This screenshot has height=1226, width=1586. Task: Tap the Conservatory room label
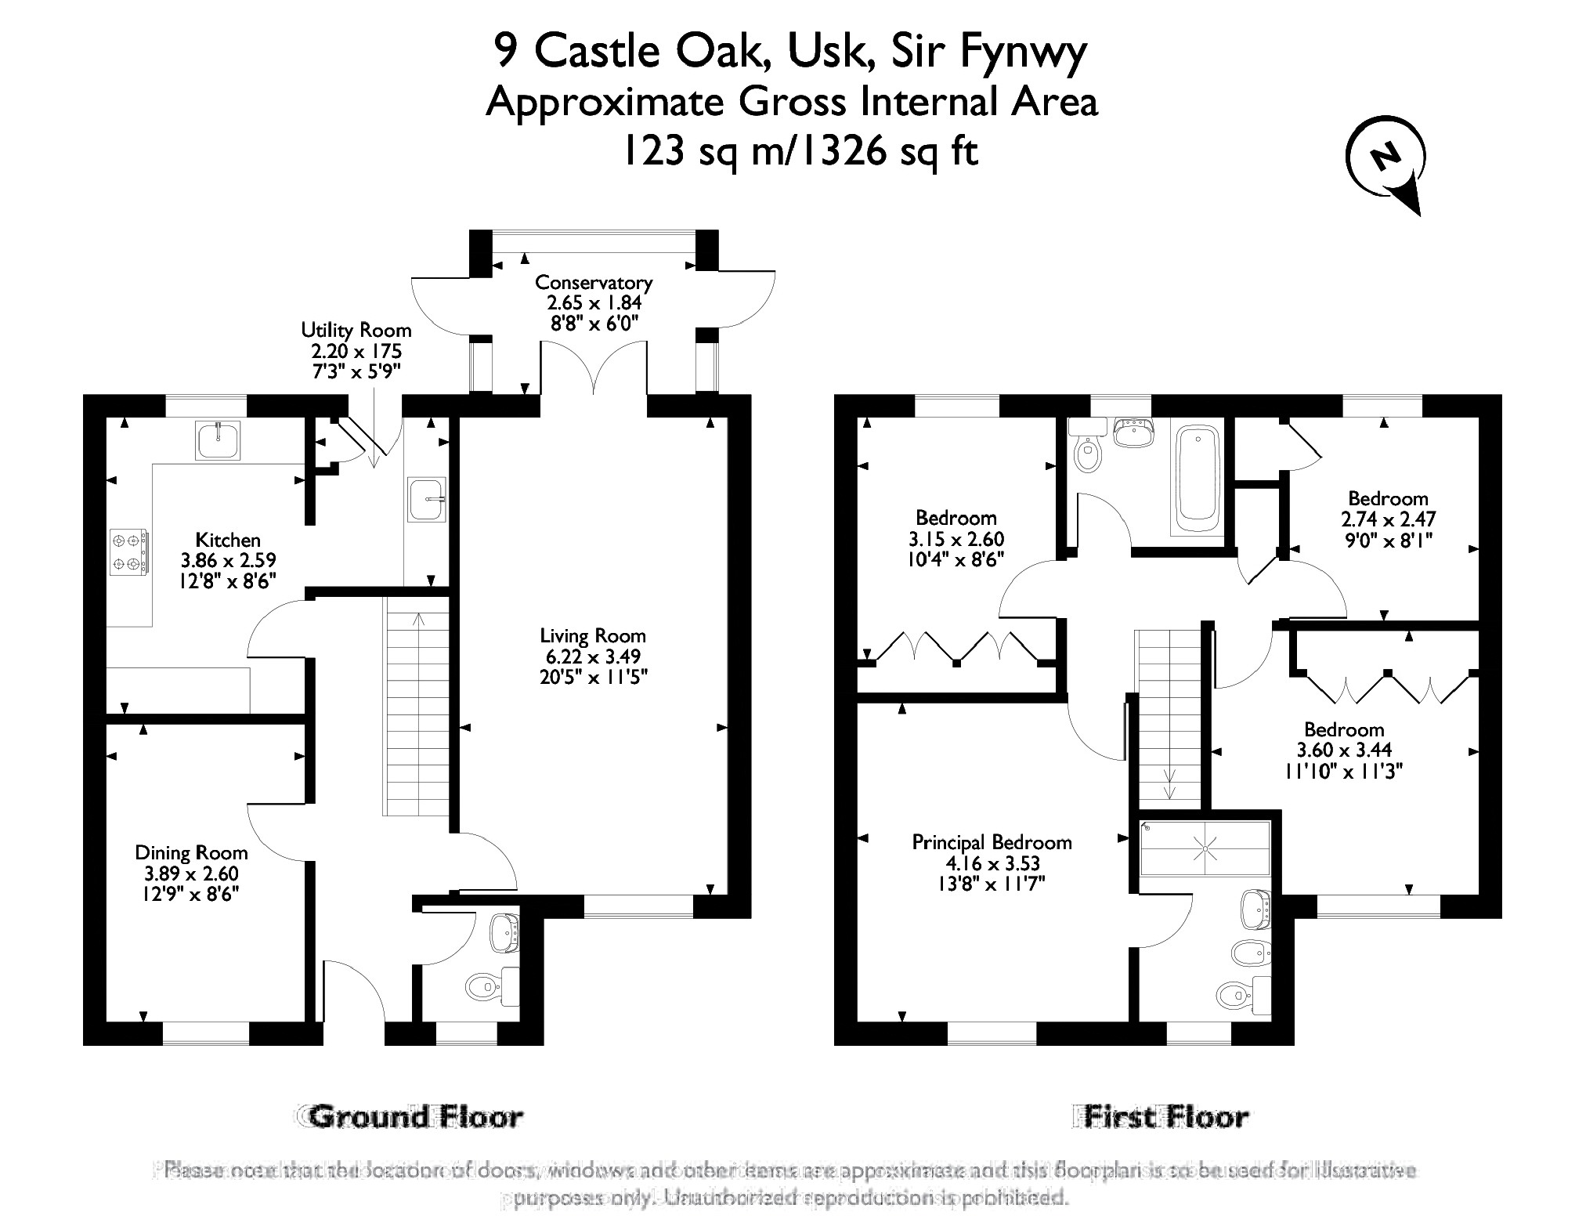tap(593, 282)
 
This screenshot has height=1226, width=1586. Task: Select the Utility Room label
tap(356, 330)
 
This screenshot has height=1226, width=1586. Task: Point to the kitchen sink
tap(219, 440)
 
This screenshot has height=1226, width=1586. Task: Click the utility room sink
tap(427, 499)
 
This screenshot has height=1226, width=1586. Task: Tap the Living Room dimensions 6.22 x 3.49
tap(592, 656)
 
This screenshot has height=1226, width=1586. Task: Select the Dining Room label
tap(191, 852)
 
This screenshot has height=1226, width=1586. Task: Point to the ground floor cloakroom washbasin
tap(504, 931)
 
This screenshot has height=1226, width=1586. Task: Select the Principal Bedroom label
tap(992, 842)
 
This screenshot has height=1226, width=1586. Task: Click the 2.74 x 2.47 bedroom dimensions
tap(1388, 519)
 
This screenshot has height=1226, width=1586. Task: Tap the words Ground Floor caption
tap(415, 1116)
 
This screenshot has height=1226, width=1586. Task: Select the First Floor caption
tap(1162, 1116)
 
